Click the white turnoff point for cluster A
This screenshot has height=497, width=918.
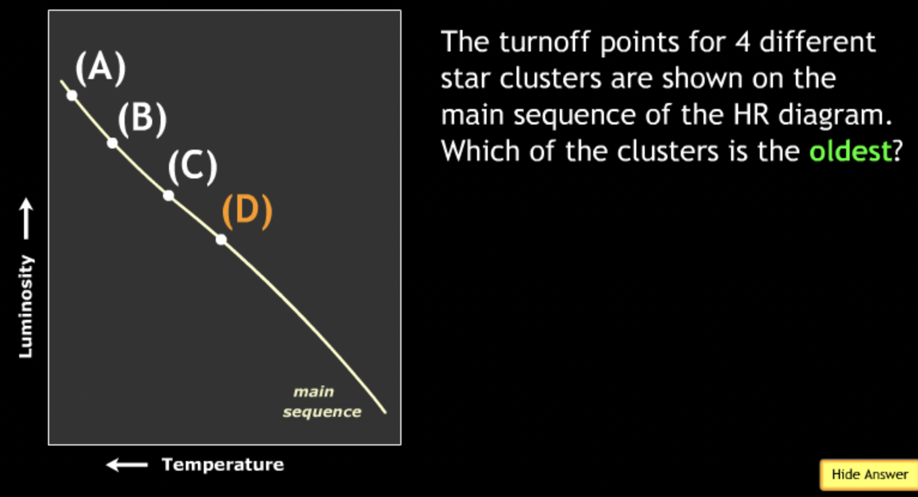pyautogui.click(x=72, y=95)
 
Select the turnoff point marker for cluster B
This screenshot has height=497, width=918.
pyautogui.click(x=112, y=143)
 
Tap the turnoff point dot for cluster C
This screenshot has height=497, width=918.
pyautogui.click(x=168, y=196)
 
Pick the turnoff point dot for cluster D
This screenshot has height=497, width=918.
pyautogui.click(x=221, y=240)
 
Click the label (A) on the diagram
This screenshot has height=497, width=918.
pyautogui.click(x=100, y=66)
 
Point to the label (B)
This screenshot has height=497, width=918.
pyautogui.click(x=142, y=117)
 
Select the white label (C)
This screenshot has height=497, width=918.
pyautogui.click(x=192, y=166)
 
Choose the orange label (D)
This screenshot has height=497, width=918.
pyautogui.click(x=247, y=210)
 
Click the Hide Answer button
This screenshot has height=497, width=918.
pyautogui.click(x=869, y=474)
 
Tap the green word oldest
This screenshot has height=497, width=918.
pyautogui.click(x=850, y=151)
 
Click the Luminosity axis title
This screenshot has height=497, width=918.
pyautogui.click(x=26, y=307)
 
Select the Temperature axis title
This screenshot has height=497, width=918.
pyautogui.click(x=222, y=465)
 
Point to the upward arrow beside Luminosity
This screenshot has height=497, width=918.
pyautogui.click(x=26, y=219)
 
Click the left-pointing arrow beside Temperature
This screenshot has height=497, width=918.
pyautogui.click(x=126, y=465)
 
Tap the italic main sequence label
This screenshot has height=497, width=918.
pyautogui.click(x=322, y=402)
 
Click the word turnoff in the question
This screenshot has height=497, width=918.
pyautogui.click(x=545, y=42)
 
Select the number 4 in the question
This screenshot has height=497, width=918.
pyautogui.click(x=742, y=42)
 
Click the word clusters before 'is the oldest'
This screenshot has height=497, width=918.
pyautogui.click(x=668, y=151)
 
